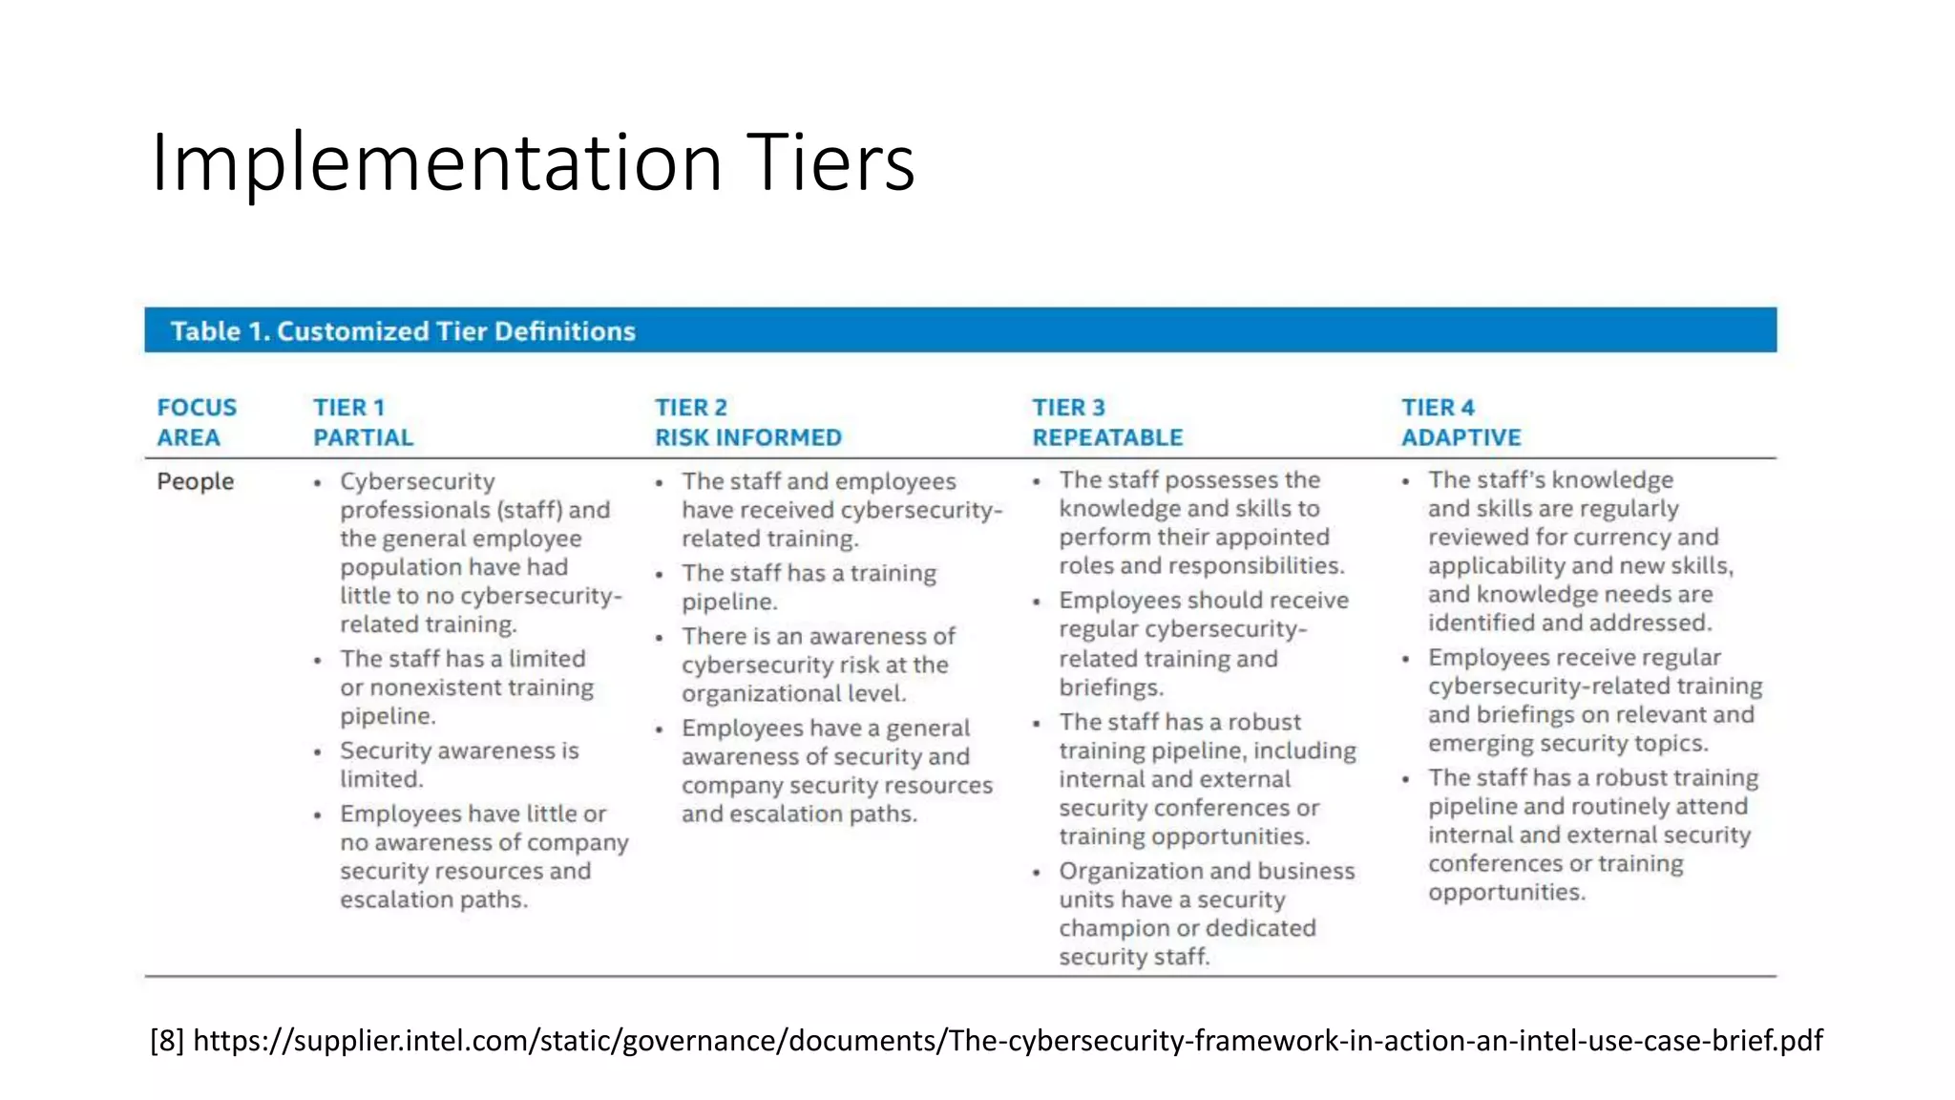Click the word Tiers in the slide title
pyautogui.click(x=830, y=163)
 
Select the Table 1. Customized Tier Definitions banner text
pyautogui.click(x=403, y=331)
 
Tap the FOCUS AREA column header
pyautogui.click(x=197, y=422)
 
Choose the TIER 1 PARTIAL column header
pyautogui.click(x=363, y=422)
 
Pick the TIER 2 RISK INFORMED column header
pyautogui.click(x=747, y=422)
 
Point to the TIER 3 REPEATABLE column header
pyautogui.click(x=1106, y=422)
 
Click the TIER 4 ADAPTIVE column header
pyautogui.click(x=1461, y=422)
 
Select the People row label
pyautogui.click(x=195, y=481)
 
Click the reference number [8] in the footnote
pyautogui.click(x=167, y=1040)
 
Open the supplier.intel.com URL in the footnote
pyautogui.click(x=1007, y=1040)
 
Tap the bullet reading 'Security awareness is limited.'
pyautogui.click(x=459, y=765)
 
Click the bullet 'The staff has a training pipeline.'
pyautogui.click(x=808, y=587)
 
